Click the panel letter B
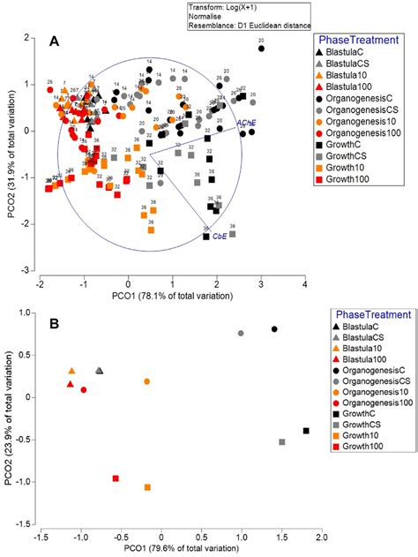[x=55, y=324]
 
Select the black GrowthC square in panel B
[x=306, y=431]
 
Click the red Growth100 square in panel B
[x=116, y=478]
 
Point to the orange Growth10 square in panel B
[x=147, y=487]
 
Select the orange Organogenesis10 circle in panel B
[x=147, y=381]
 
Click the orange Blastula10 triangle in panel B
[x=71, y=372]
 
